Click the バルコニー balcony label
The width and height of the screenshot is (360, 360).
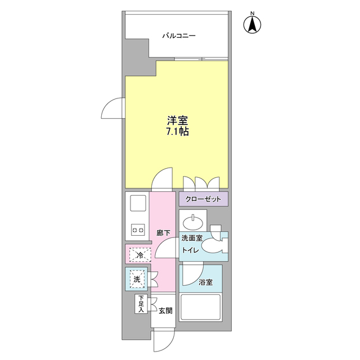pos(179,36)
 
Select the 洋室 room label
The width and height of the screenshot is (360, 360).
pos(177,120)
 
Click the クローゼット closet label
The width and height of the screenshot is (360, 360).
pos(204,199)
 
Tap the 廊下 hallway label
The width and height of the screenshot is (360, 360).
pos(163,231)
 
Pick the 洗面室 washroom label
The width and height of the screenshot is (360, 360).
pos(191,239)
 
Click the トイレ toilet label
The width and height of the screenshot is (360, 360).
pos(189,251)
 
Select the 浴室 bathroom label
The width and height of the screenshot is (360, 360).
pos(205,283)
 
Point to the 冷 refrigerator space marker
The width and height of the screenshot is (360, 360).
pos(138,255)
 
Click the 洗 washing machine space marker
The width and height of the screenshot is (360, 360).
pos(137,278)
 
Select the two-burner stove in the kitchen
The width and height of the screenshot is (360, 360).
pos(138,229)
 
